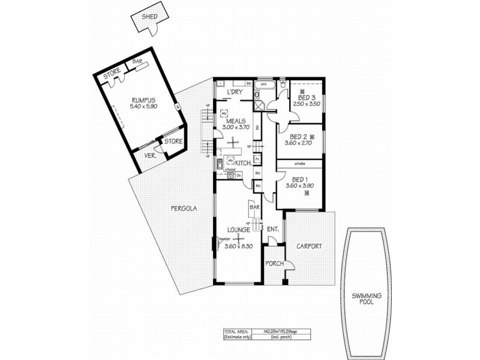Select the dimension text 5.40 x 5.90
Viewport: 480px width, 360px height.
143,107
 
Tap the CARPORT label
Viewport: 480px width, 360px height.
309,246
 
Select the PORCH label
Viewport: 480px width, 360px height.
274,263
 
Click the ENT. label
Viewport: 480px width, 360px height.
273,229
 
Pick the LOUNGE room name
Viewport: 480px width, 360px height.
238,229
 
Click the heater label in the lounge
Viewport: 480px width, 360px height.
225,239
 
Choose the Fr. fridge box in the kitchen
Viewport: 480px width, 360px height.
256,159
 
